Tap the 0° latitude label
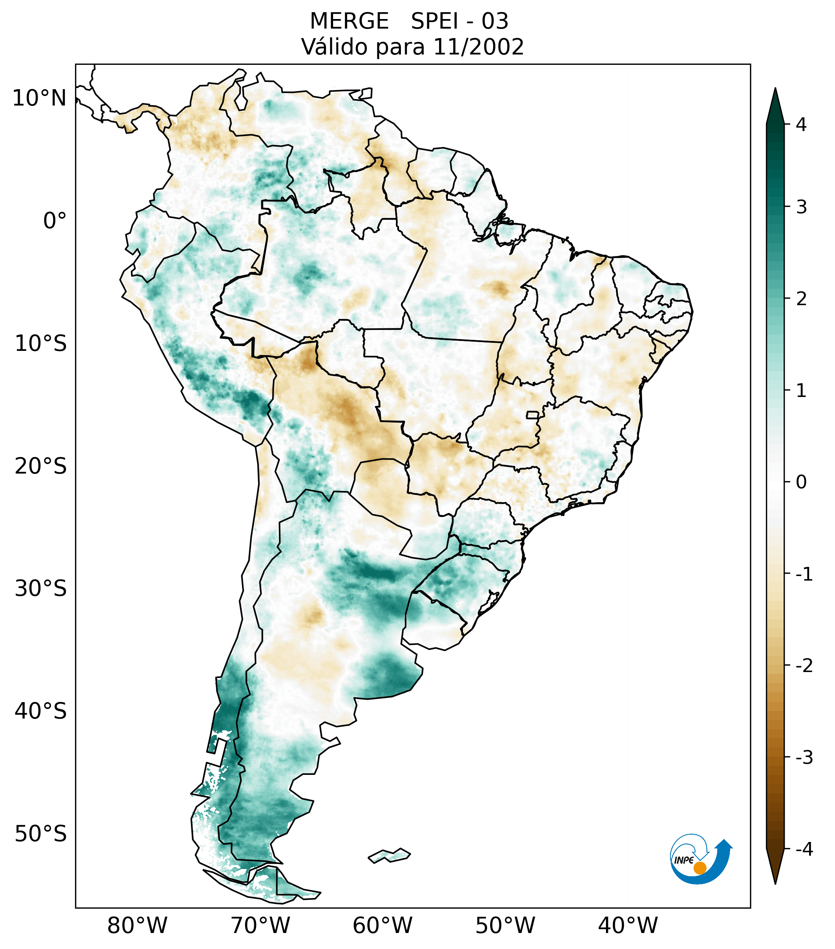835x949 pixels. tap(54, 221)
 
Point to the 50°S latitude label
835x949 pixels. tap(40, 834)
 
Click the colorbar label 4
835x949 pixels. tap(801, 125)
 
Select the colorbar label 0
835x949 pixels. tap(801, 482)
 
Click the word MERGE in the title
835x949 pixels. tap(349, 21)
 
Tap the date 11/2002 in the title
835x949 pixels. tap(478, 47)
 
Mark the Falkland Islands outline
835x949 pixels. tap(389, 856)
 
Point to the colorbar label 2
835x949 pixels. tap(801, 299)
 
